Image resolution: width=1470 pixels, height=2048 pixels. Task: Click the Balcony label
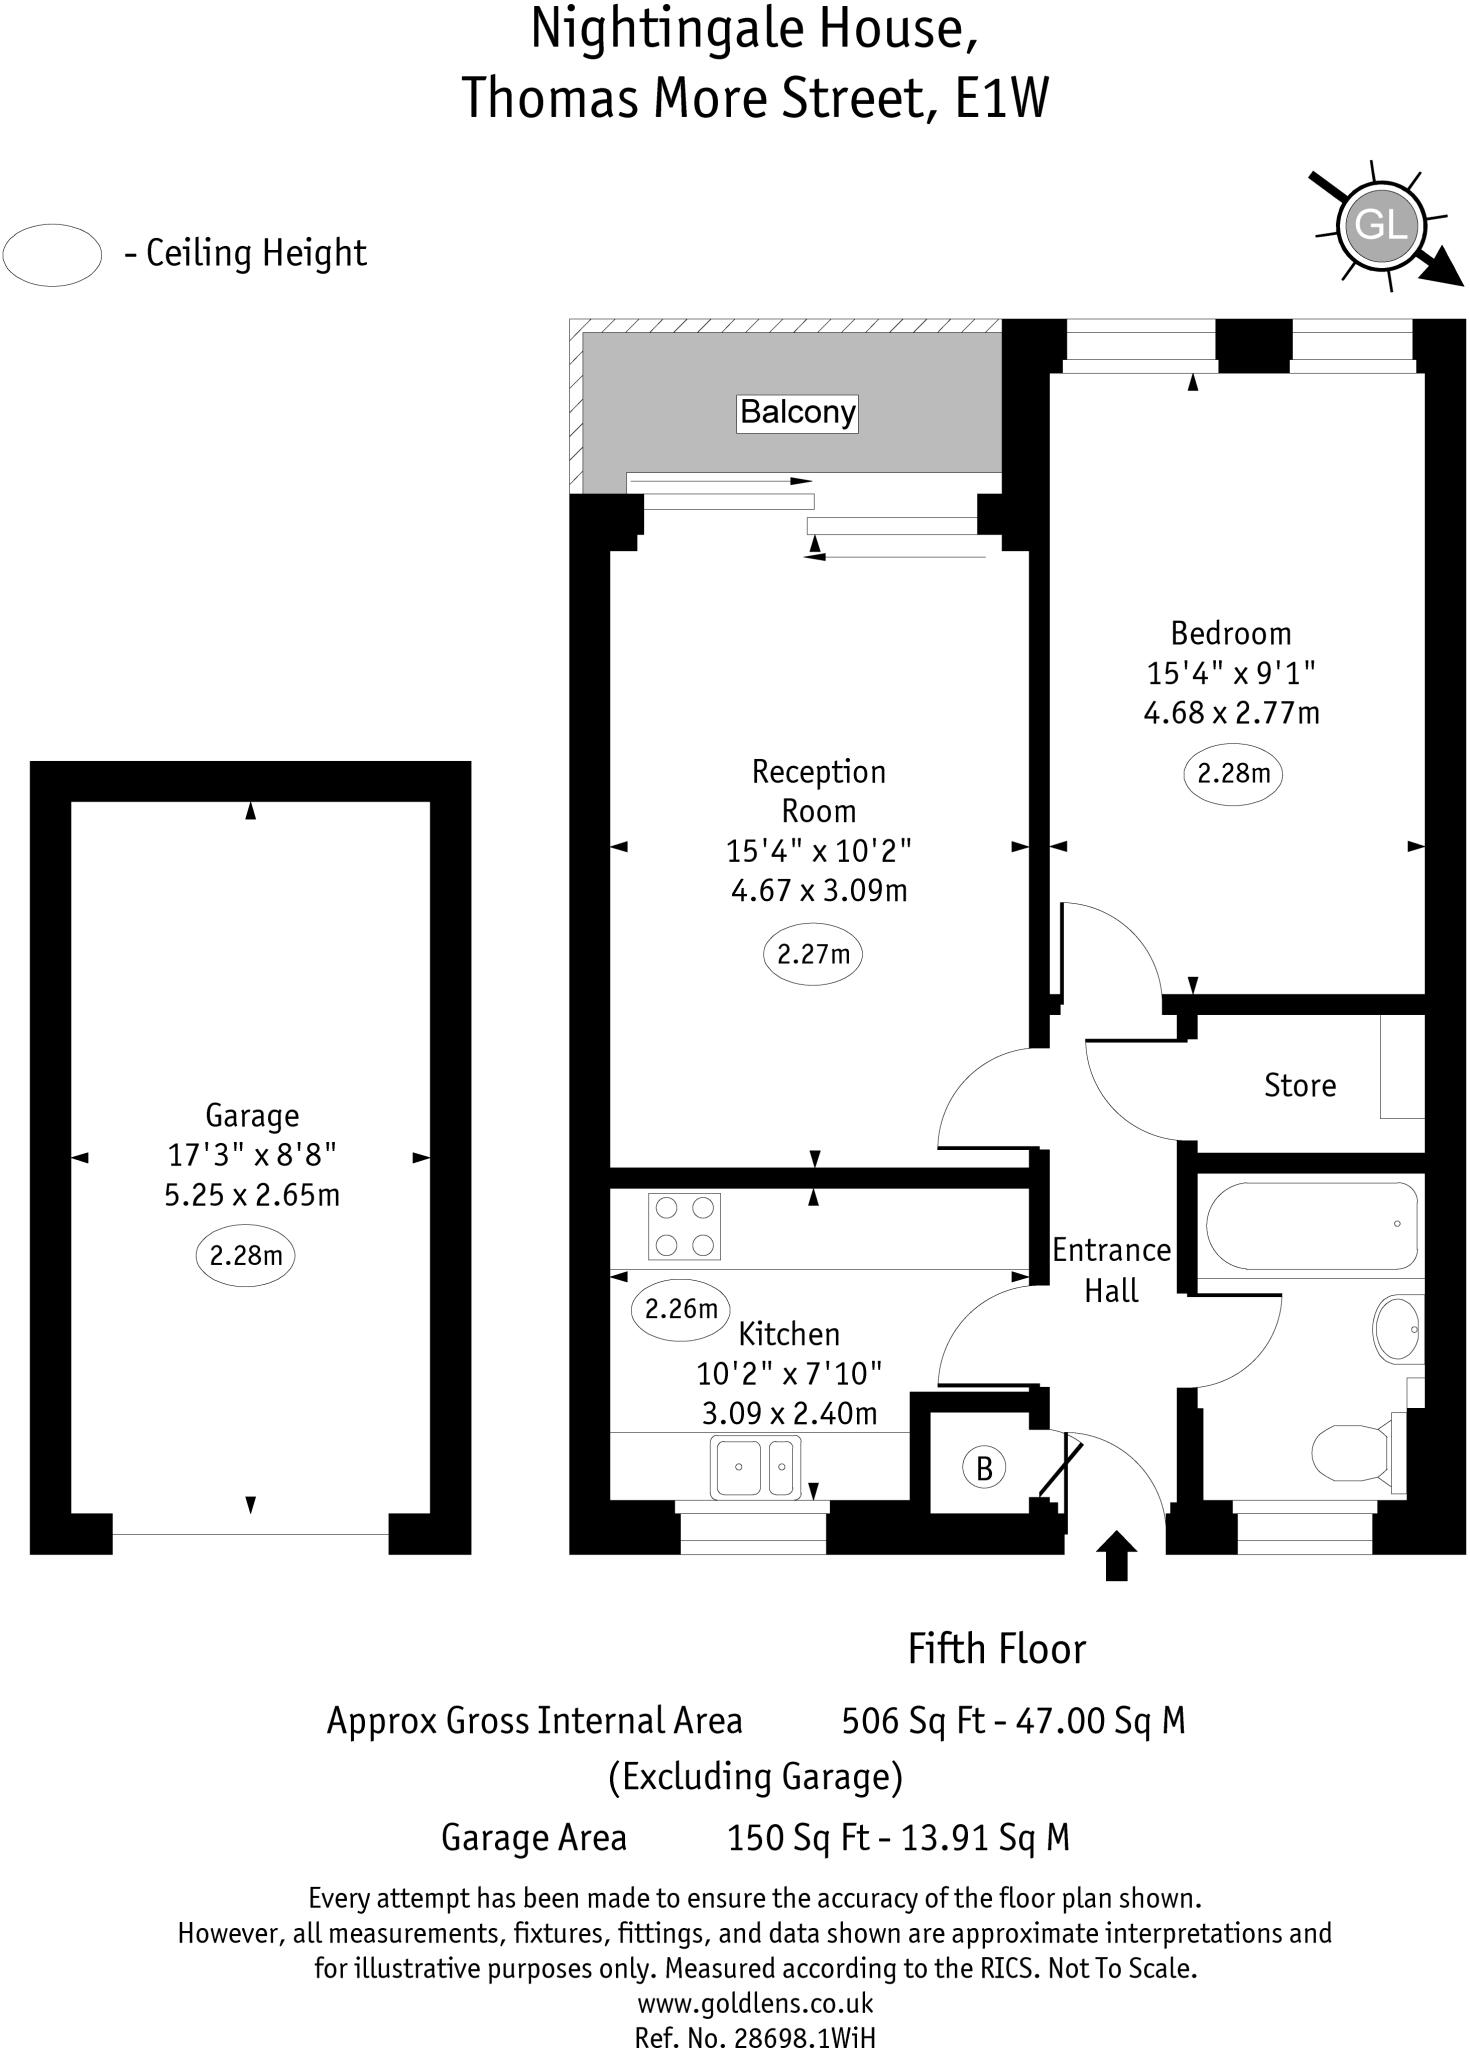[x=797, y=412]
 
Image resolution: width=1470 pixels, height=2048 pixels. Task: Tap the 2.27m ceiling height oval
[x=813, y=954]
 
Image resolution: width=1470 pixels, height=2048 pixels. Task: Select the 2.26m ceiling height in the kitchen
[x=681, y=1308]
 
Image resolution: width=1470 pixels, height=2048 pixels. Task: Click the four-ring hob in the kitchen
[x=684, y=1225]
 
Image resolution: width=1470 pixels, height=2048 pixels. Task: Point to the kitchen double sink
[x=755, y=1467]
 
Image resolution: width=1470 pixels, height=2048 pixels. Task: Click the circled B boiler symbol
[x=984, y=1468]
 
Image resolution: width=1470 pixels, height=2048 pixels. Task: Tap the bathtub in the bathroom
[x=1311, y=1225]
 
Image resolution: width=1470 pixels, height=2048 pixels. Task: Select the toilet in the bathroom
[x=1350, y=1453]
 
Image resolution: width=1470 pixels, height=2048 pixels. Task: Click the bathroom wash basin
[x=1398, y=1329]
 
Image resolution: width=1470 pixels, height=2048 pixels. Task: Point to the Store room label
[x=1299, y=1086]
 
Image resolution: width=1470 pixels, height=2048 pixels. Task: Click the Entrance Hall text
[x=1111, y=1270]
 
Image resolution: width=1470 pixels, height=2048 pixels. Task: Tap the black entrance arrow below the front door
[x=1116, y=1556]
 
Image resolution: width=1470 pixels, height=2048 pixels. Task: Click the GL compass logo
[x=1381, y=225]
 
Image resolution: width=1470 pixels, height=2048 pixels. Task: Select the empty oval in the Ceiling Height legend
[x=52, y=254]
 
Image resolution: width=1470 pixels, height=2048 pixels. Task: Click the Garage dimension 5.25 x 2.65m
[x=252, y=1195]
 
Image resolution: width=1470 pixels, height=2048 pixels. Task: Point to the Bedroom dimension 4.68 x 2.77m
[x=1231, y=713]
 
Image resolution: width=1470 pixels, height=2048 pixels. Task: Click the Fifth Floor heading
[x=996, y=1649]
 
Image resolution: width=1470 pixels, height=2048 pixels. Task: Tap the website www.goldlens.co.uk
[x=755, y=2003]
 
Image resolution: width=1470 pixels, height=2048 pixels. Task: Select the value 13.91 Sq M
[x=985, y=1837]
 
